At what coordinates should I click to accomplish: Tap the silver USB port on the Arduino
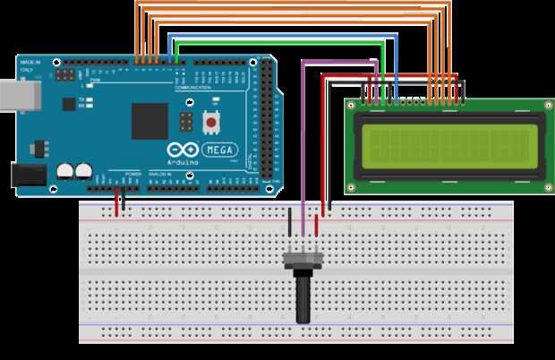(x=13, y=93)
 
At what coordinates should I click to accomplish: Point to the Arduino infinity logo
(x=181, y=150)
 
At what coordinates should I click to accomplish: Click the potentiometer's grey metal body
(x=302, y=260)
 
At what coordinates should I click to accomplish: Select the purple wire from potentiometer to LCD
(x=304, y=134)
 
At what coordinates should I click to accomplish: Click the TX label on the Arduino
(x=82, y=99)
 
